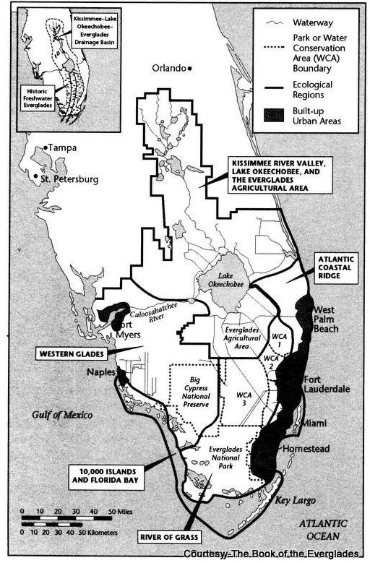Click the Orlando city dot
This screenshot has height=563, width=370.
coord(189,69)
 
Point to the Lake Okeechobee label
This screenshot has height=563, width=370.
coord(223,280)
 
